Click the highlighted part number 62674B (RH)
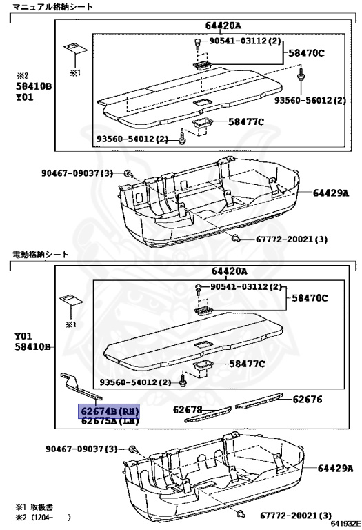coord(109,411)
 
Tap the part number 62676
coord(308,399)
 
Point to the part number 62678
coord(188,410)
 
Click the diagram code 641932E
coord(345,524)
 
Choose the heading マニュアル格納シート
coord(52,7)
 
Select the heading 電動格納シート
coord(41,254)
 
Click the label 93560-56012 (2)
coord(310,100)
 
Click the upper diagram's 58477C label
coord(246,121)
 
